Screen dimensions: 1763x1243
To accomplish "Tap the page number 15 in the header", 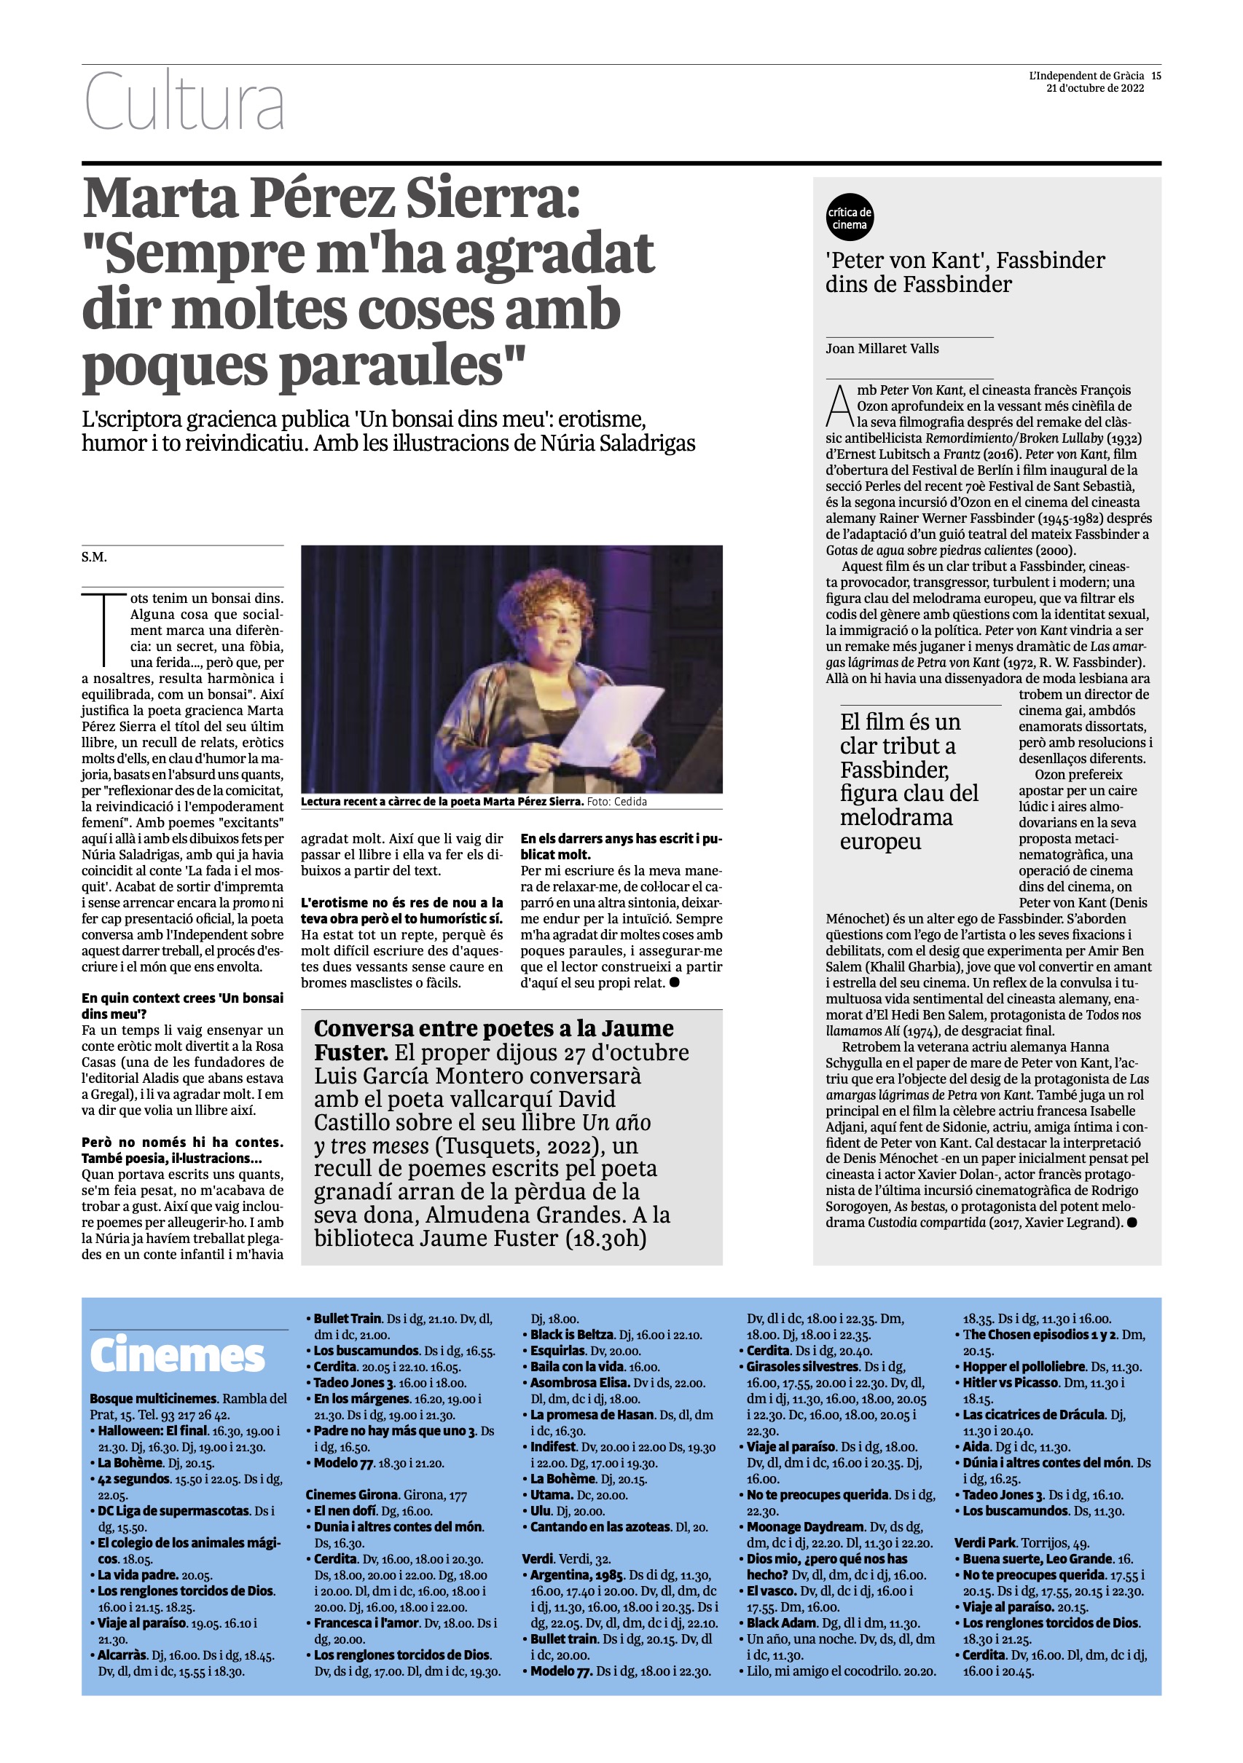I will (x=1156, y=76).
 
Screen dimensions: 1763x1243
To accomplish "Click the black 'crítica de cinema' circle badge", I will (x=850, y=218).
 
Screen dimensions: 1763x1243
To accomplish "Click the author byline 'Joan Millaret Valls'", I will (x=882, y=349).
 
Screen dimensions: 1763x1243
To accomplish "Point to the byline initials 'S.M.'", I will (x=95, y=556).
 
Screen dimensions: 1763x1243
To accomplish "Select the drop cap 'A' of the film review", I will (x=839, y=406).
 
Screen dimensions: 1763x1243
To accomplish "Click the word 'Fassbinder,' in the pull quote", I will (x=894, y=770).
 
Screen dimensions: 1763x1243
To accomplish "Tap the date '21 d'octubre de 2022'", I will (x=1095, y=88).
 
